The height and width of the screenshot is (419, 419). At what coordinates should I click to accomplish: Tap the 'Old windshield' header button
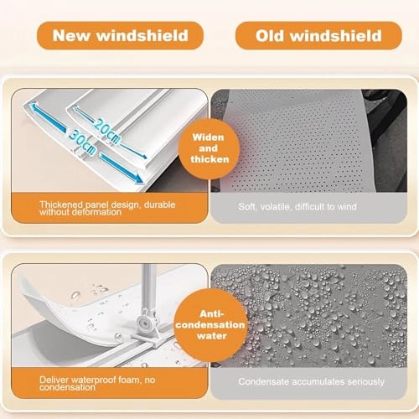tap(318, 36)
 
